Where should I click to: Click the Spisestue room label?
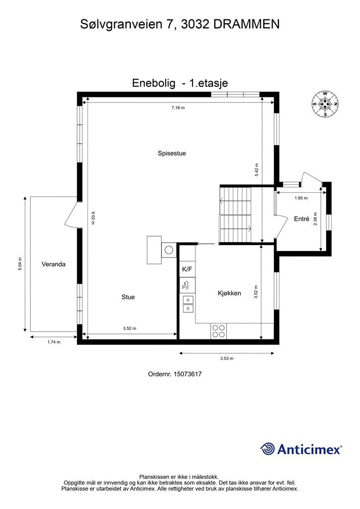(172, 154)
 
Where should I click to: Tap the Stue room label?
(128, 297)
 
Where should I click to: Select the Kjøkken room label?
(229, 293)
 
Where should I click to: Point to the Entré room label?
(301, 219)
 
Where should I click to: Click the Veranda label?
(53, 264)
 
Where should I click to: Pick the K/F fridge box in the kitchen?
(187, 269)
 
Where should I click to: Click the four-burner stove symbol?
(218, 331)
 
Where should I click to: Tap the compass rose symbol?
(325, 104)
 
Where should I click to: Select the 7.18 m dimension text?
(178, 108)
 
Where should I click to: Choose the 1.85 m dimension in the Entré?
(301, 198)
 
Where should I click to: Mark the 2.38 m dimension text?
(315, 219)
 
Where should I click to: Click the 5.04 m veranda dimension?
(19, 264)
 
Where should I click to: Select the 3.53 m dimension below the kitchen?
(227, 358)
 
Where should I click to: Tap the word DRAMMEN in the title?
(246, 23)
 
